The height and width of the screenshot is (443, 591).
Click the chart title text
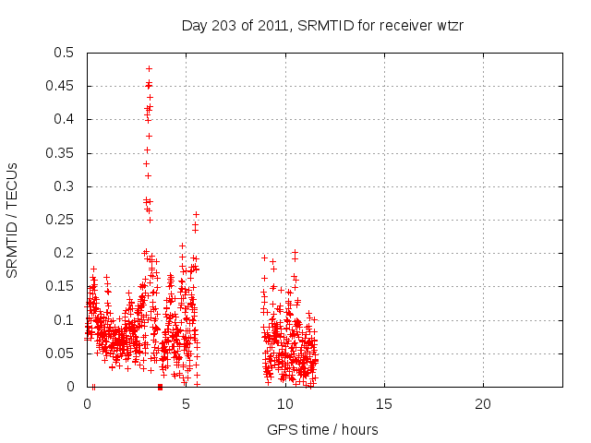(322, 26)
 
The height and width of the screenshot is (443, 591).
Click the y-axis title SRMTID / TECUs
(13, 220)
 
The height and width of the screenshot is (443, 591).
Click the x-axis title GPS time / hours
(322, 429)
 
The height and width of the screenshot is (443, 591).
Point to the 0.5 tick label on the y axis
(64, 53)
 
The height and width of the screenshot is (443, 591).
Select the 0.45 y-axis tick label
(61, 86)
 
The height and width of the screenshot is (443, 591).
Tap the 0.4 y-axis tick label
(64, 120)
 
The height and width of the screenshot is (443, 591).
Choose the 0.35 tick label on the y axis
(61, 153)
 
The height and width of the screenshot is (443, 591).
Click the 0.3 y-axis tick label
(64, 186)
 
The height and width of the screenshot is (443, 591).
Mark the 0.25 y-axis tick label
(61, 220)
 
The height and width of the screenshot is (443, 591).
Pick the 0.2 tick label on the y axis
(64, 254)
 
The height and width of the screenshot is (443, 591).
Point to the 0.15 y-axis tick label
(61, 287)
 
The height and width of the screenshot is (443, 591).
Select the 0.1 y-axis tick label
(64, 320)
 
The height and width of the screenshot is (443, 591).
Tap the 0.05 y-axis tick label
(61, 353)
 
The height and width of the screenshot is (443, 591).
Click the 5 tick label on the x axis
(187, 403)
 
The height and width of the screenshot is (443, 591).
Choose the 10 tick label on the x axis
(285, 403)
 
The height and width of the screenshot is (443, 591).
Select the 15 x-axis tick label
(384, 403)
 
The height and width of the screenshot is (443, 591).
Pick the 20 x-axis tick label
(483, 403)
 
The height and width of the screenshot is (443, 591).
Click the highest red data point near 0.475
(149, 68)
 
